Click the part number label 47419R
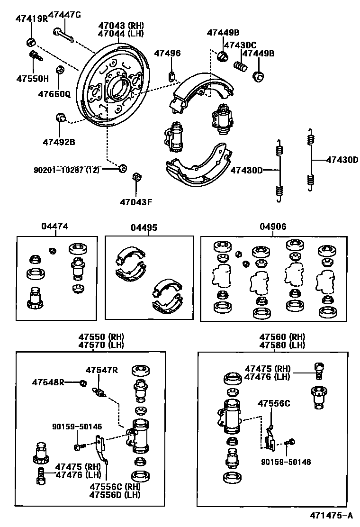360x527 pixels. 32,20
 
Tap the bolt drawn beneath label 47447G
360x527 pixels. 63,35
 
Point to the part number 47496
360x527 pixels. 167,53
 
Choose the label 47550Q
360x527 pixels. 54,94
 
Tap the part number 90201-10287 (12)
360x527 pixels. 66,170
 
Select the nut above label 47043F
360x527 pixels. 135,177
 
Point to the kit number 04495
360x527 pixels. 144,227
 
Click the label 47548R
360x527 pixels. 48,382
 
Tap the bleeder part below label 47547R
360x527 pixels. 98,392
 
